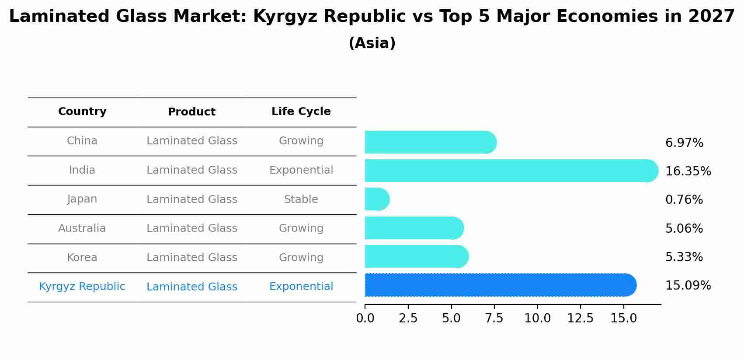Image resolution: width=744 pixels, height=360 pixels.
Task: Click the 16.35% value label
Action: (x=688, y=171)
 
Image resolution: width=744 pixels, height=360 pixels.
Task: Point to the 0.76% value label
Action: (x=684, y=200)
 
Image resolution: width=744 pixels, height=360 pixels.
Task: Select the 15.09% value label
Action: (x=688, y=286)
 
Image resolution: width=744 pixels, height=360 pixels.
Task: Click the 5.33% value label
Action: (x=684, y=257)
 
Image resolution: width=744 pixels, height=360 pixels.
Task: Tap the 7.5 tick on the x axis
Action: (x=494, y=318)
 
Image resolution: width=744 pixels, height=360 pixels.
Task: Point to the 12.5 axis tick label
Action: (x=580, y=318)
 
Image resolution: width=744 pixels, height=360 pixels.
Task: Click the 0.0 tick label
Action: (x=365, y=318)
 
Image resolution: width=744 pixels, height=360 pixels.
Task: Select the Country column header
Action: (x=82, y=112)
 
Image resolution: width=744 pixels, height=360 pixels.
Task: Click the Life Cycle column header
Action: (x=301, y=112)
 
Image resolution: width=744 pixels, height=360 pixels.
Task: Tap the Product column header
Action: (x=191, y=112)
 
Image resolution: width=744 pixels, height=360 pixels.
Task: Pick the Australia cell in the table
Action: (x=82, y=228)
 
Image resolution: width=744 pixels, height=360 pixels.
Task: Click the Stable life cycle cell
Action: (x=301, y=199)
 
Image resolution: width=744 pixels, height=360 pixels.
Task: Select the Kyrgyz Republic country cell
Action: (x=82, y=287)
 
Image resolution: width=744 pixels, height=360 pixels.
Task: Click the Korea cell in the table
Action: (x=82, y=258)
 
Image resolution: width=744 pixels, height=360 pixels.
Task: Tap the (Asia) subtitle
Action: (x=372, y=43)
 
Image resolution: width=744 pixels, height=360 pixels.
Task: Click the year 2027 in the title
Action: (x=711, y=17)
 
